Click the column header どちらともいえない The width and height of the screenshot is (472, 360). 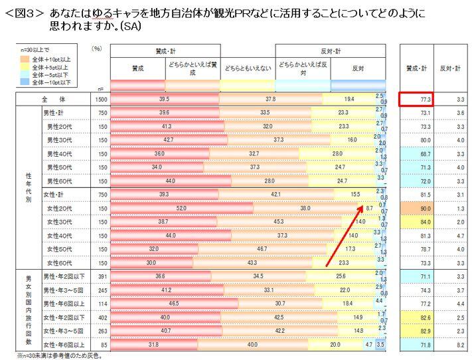[x=246, y=68]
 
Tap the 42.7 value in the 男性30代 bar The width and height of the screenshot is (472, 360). [x=169, y=140]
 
